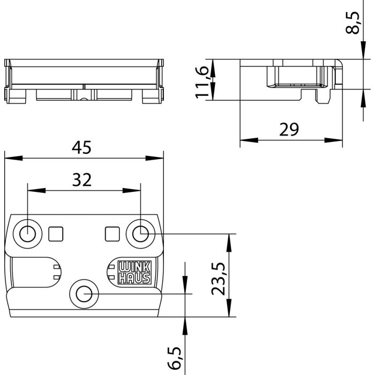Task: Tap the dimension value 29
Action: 290,130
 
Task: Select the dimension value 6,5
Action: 175,358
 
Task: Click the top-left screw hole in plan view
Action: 27,232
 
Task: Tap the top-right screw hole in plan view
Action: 140,232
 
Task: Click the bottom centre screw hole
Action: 84,294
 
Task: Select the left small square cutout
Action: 56,233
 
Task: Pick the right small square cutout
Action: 112,233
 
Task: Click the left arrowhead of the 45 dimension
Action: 10,158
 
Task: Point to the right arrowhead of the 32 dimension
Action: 134,190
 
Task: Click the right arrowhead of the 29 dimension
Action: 337,140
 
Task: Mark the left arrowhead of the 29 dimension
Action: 245,140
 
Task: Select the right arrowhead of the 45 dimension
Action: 157,158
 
